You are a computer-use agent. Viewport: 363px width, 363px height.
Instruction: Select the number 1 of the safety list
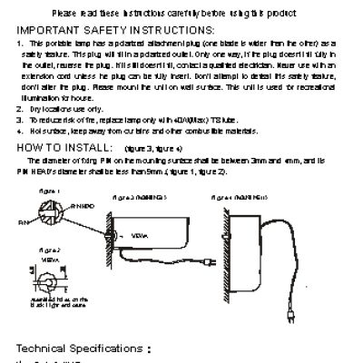[x=20, y=43]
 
